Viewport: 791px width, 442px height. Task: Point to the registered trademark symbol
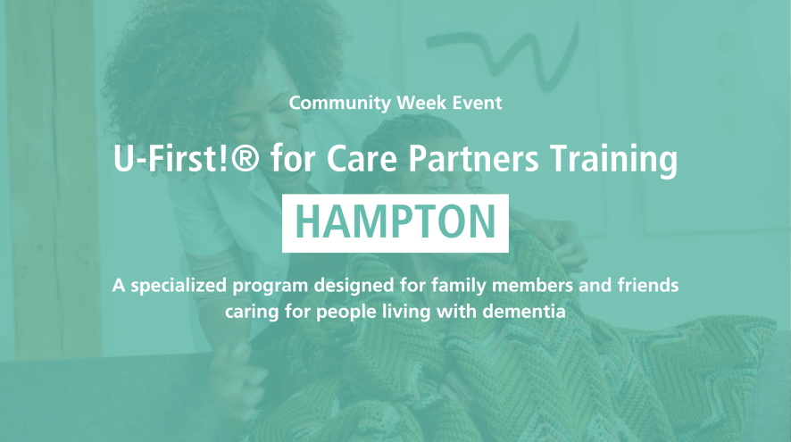(246, 157)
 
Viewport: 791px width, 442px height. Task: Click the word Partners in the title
(474, 158)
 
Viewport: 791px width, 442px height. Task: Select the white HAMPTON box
(395, 223)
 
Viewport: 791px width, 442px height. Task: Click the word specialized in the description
(179, 286)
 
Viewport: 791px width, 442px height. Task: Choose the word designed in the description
(354, 286)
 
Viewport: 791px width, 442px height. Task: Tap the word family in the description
(459, 286)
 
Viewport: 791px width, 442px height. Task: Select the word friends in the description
(649, 285)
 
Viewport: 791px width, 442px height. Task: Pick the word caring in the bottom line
(252, 313)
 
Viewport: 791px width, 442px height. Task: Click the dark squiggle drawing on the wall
(503, 55)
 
